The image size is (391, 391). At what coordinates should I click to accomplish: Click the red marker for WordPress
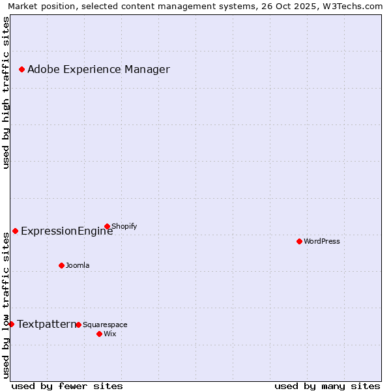(299, 241)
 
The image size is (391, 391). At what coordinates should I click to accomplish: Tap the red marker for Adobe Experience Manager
(22, 69)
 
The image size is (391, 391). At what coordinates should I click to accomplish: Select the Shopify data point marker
(107, 226)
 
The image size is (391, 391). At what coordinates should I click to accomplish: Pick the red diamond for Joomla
(61, 265)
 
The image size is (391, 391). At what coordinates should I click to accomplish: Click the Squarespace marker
(78, 325)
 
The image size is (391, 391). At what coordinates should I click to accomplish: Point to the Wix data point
(99, 334)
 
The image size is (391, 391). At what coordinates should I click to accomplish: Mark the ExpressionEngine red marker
(15, 231)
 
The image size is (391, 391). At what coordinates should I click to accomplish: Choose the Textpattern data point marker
(11, 324)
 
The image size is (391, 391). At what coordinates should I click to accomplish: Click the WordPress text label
(322, 242)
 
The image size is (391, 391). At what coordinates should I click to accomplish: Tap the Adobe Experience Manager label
(98, 70)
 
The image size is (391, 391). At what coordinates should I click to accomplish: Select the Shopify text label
(124, 227)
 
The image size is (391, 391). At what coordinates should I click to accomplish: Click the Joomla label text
(78, 266)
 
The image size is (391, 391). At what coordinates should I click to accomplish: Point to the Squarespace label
(105, 325)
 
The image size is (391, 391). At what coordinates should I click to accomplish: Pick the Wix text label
(109, 334)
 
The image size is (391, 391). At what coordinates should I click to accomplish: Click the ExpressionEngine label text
(66, 231)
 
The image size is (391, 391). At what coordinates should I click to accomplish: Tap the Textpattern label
(46, 325)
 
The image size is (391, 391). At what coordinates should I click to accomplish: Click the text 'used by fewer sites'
(67, 386)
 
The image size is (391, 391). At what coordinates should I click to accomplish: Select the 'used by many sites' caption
(327, 386)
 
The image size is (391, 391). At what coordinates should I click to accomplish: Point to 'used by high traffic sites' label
(7, 93)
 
